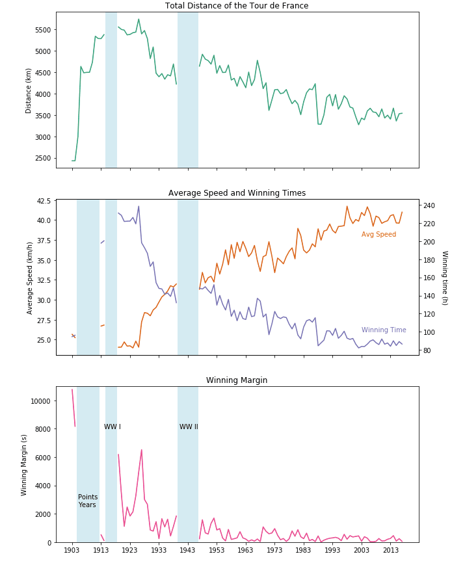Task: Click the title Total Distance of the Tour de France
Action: point(237,6)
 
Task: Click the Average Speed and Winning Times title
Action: point(237,193)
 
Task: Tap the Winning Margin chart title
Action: point(237,380)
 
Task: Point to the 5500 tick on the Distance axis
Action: point(42,30)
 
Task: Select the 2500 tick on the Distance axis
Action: point(42,158)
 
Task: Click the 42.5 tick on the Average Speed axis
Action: point(43,201)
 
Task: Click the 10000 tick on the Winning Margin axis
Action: point(40,401)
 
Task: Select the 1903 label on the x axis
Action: point(72,550)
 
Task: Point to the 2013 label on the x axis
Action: point(391,550)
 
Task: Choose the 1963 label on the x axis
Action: point(246,550)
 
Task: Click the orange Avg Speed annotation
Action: point(379,235)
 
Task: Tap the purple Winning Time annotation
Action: point(384,330)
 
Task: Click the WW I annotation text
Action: point(113,427)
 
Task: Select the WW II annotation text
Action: point(189,427)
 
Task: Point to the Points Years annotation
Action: point(88,501)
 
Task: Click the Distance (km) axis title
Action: point(29,90)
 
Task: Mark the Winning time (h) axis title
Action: point(445,278)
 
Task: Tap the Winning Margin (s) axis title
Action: point(25,465)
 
